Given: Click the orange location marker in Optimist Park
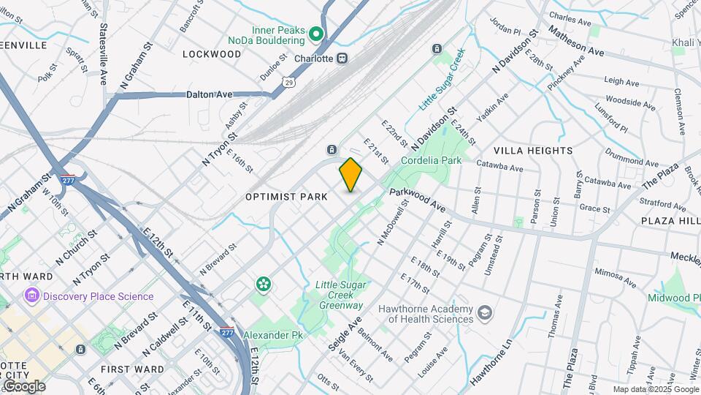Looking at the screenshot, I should click(351, 174).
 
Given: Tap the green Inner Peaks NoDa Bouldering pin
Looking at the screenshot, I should click(316, 34).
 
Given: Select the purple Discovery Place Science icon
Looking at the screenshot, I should click(31, 296).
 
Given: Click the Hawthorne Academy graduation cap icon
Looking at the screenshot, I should click(484, 314).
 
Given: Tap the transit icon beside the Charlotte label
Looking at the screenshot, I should click(342, 59).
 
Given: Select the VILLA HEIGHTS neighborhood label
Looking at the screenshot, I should click(533, 151).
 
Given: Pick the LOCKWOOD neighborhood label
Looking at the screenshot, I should click(211, 54).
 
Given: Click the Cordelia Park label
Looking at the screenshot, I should click(431, 160).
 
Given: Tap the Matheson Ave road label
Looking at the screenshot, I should click(576, 42).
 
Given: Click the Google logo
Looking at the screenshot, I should click(24, 386).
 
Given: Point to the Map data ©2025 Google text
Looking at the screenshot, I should click(656, 390).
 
